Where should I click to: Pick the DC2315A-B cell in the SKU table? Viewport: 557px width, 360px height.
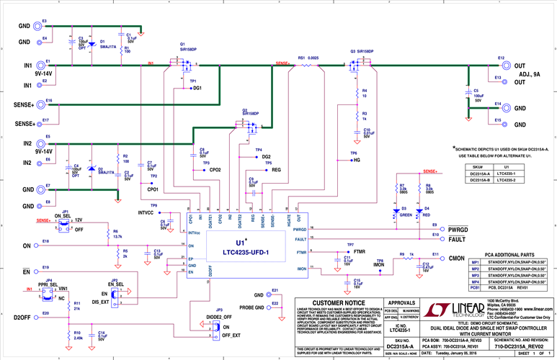click(480, 180)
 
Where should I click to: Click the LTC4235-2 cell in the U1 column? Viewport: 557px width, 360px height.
click(513, 180)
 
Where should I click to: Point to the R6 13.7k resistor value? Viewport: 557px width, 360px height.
click(117, 236)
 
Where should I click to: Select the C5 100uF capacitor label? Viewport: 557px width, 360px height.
click(476, 95)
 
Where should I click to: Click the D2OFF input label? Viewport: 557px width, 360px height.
click(22, 317)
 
